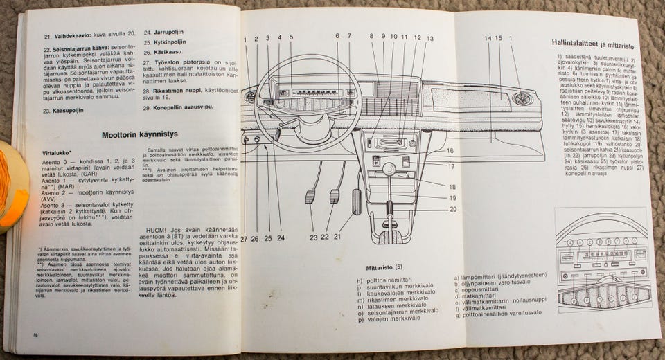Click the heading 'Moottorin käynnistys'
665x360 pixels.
coord(140,135)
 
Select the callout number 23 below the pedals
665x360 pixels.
coord(314,237)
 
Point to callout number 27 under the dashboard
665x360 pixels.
coord(244,239)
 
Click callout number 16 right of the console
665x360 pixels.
coord(450,150)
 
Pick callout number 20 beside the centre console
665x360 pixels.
coord(452,209)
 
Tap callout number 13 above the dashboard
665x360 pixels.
coord(430,38)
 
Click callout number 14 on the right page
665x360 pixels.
coord(488,38)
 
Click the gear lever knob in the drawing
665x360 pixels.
coord(389,168)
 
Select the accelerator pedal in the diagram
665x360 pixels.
coord(356,201)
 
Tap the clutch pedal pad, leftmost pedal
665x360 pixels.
coord(310,197)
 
